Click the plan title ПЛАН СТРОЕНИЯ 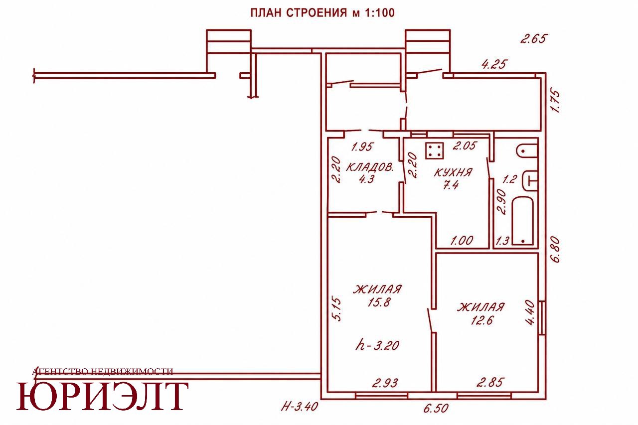(299, 13)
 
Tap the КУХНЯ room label (453, 172)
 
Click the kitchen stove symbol (435, 150)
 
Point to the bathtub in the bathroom (523, 221)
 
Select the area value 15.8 (378, 302)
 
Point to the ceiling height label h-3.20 (377, 346)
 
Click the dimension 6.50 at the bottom (436, 409)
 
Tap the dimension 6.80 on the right (555, 250)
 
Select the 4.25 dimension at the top (494, 64)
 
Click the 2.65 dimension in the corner (534, 38)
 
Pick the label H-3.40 (300, 407)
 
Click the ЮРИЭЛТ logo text (103, 396)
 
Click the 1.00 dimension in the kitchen (462, 241)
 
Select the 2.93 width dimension (385, 383)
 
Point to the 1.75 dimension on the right (555, 102)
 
